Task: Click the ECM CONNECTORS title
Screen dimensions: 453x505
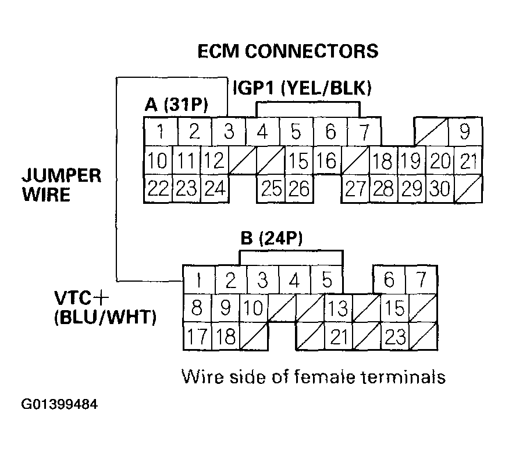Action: pyautogui.click(x=288, y=51)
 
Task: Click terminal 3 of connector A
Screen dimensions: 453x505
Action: pyautogui.click(x=228, y=132)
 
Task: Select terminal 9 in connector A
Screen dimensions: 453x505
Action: pyautogui.click(x=465, y=132)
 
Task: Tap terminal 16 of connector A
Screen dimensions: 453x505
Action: pyautogui.click(x=328, y=161)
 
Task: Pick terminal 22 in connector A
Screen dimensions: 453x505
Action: pyautogui.click(x=158, y=189)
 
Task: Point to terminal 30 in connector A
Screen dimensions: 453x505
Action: pyautogui.click(x=440, y=189)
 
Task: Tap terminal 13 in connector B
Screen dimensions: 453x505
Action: pyautogui.click(x=338, y=308)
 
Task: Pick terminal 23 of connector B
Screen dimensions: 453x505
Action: pyautogui.click(x=395, y=336)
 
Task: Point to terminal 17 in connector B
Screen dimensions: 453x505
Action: pyautogui.click(x=197, y=336)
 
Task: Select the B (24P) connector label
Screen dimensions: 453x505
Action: pyautogui.click(x=272, y=239)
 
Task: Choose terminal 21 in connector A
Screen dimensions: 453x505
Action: pyautogui.click(x=468, y=161)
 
